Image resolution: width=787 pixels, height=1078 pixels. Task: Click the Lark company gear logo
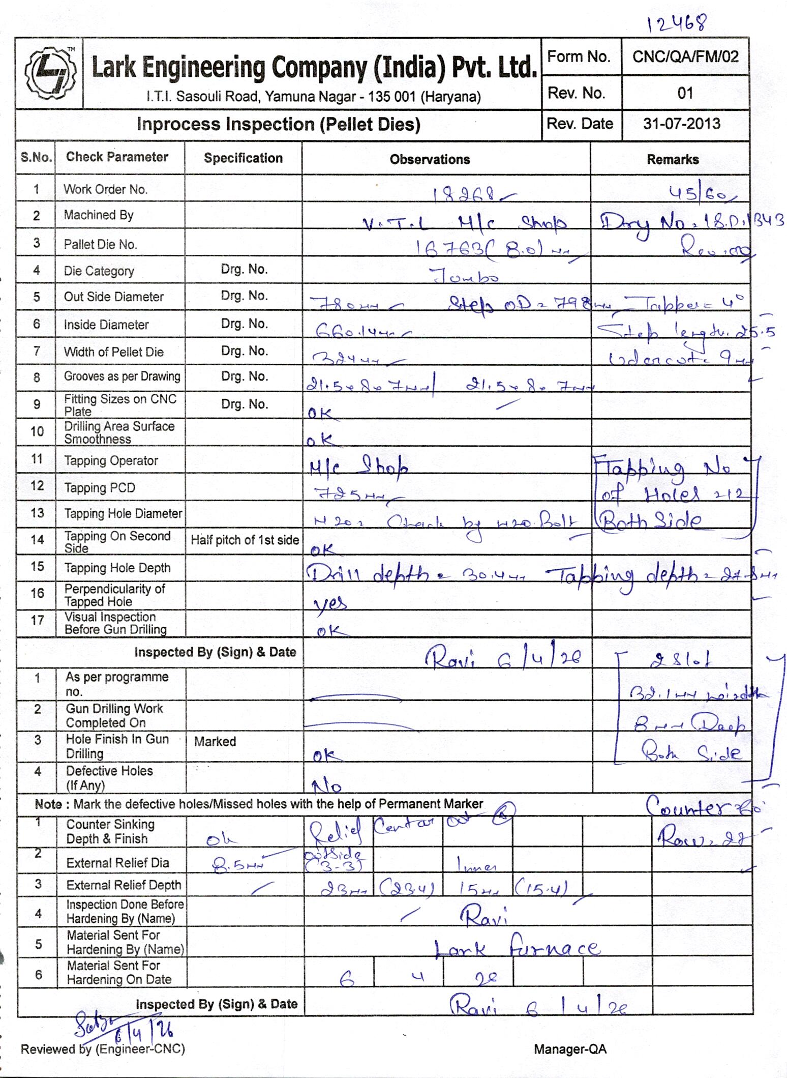pyautogui.click(x=49, y=73)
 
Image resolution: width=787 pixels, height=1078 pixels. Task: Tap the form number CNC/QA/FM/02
pyautogui.click(x=685, y=56)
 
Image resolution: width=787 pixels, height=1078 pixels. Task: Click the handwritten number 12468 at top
pyautogui.click(x=677, y=22)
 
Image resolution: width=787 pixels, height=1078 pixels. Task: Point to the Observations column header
pyautogui.click(x=430, y=159)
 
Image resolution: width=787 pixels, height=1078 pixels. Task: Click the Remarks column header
pyautogui.click(x=672, y=159)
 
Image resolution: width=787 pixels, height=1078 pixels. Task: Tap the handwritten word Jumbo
pyautogui.click(x=465, y=277)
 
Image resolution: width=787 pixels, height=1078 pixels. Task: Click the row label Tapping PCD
pyautogui.click(x=100, y=488)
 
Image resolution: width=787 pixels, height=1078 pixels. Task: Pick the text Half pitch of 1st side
pyautogui.click(x=245, y=540)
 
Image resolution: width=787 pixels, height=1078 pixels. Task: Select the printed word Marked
pyautogui.click(x=215, y=741)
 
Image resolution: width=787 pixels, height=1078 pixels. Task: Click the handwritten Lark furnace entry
pyautogui.click(x=516, y=948)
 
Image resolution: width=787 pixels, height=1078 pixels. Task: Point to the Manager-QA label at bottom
pyautogui.click(x=570, y=1049)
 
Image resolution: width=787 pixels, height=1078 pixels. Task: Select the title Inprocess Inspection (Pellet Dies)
pyautogui.click(x=278, y=125)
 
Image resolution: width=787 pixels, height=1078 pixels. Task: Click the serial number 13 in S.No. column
pyautogui.click(x=37, y=513)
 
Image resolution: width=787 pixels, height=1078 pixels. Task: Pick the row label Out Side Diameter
pyautogui.click(x=113, y=297)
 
